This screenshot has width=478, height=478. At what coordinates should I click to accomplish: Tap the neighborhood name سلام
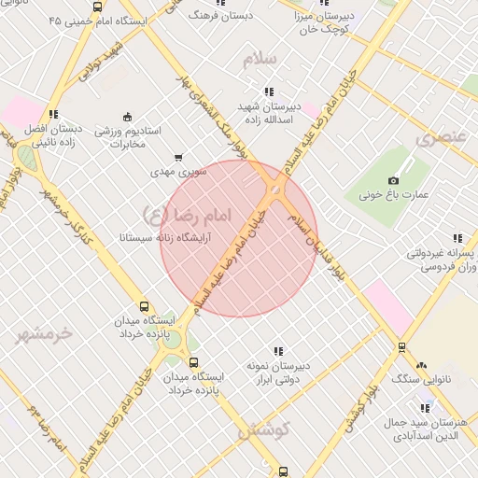pyautogui.click(x=260, y=59)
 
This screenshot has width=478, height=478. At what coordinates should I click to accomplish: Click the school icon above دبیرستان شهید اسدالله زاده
pyautogui.click(x=269, y=91)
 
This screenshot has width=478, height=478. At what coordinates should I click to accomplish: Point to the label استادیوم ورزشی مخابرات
pyautogui.click(x=130, y=137)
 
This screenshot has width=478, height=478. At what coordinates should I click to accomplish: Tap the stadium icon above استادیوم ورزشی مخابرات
pyautogui.click(x=127, y=116)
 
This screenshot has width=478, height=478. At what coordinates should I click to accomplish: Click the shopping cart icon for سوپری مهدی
pyautogui.click(x=178, y=157)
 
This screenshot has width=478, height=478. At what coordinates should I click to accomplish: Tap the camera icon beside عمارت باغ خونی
pyautogui.click(x=393, y=180)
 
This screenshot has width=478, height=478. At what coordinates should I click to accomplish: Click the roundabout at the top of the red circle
pyautogui.click(x=275, y=191)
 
